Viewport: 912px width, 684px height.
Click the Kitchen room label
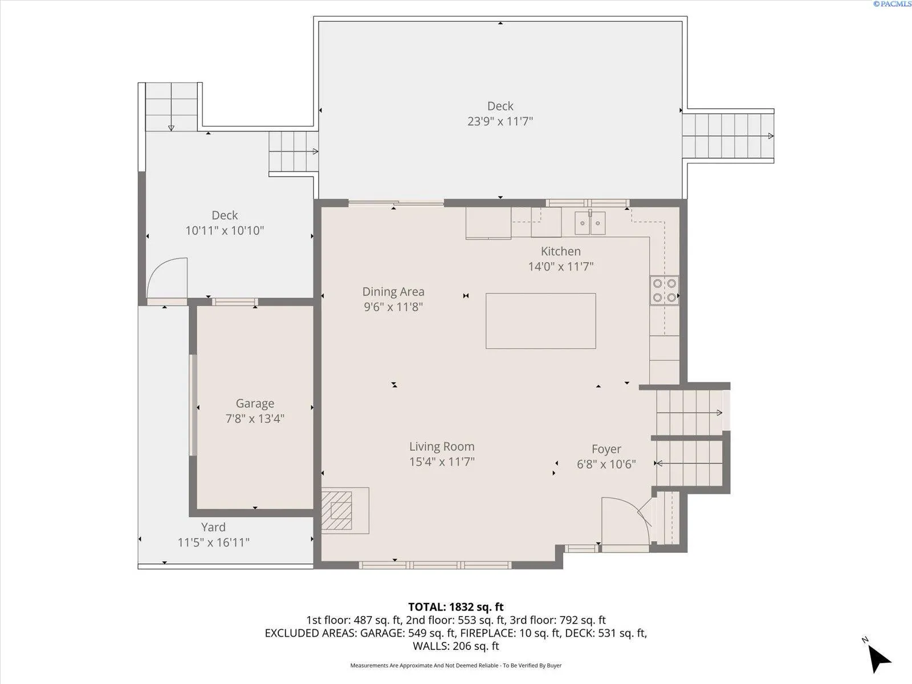pyautogui.click(x=560, y=251)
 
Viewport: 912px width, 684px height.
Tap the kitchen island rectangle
pyautogui.click(x=540, y=321)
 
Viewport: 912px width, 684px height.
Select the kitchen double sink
pyautogui.click(x=590, y=223)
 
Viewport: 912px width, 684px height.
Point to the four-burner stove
pyautogui.click(x=665, y=290)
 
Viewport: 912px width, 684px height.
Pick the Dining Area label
pyautogui.click(x=393, y=292)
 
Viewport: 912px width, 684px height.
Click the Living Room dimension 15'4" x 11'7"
pyautogui.click(x=442, y=462)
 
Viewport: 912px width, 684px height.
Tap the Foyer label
pyautogui.click(x=606, y=449)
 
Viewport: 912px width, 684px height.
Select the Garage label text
pyautogui.click(x=255, y=403)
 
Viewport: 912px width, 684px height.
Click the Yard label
pyautogui.click(x=213, y=527)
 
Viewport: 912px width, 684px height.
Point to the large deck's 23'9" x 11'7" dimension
pyautogui.click(x=500, y=121)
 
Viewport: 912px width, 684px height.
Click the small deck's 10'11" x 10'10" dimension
pyautogui.click(x=225, y=230)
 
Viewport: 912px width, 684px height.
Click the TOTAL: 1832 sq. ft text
pyautogui.click(x=456, y=606)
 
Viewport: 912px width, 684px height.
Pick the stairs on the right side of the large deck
pyautogui.click(x=728, y=136)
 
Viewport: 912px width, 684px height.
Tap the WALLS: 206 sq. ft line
pyautogui.click(x=456, y=646)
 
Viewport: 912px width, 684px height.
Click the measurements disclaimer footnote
pyautogui.click(x=456, y=665)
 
